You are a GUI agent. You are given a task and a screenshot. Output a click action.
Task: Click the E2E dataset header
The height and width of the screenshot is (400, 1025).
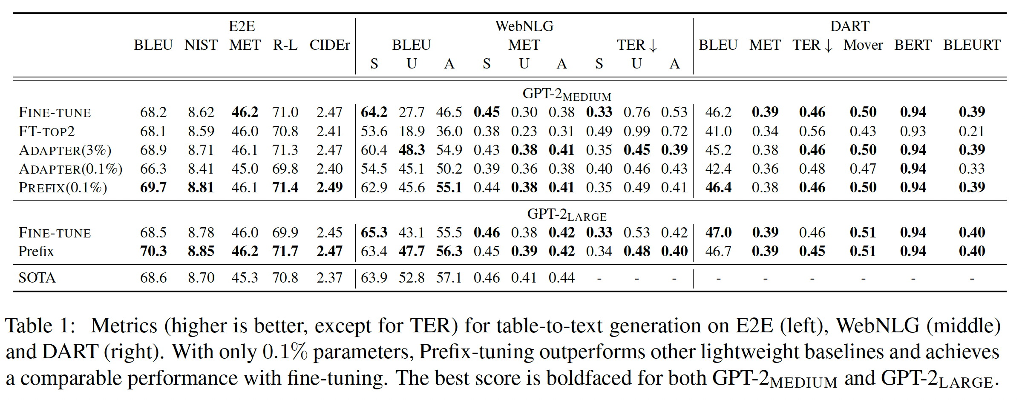pos(242,26)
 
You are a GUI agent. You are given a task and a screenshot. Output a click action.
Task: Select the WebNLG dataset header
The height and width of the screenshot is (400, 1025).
pos(524,26)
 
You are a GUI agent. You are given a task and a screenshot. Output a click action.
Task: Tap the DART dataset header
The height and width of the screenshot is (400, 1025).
pos(849,26)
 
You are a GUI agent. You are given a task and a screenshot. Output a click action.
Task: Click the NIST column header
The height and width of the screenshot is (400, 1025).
pos(201,45)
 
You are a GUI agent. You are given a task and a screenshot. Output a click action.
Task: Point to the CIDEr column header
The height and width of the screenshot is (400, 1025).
pos(329,45)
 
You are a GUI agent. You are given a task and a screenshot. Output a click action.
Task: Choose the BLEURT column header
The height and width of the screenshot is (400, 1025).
pos(972,45)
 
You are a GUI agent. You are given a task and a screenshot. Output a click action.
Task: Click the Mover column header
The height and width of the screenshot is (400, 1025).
pos(863,45)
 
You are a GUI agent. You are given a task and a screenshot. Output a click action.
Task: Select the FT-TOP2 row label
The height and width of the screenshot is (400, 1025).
pos(46,131)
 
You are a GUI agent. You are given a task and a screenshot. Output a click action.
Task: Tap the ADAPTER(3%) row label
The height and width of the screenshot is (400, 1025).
pos(65,150)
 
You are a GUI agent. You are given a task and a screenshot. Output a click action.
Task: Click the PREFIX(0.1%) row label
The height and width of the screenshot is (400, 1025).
pos(63,188)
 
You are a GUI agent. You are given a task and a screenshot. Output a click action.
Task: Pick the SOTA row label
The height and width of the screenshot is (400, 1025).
pos(37,278)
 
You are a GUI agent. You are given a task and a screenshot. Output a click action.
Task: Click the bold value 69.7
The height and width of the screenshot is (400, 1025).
pos(153,188)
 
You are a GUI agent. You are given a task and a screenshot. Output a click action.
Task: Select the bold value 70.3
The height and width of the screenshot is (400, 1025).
pos(153,251)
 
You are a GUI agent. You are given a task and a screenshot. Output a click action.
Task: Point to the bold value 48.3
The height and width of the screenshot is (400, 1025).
pos(412,150)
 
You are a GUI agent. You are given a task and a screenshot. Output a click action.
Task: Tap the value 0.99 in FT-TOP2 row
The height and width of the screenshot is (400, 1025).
pos(636,131)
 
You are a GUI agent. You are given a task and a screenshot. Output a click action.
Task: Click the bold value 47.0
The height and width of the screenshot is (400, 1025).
pos(718,233)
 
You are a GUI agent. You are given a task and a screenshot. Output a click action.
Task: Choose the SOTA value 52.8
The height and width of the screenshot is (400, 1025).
pos(412,278)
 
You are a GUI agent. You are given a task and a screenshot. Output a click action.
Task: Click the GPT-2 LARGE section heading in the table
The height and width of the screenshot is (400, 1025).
pos(567,215)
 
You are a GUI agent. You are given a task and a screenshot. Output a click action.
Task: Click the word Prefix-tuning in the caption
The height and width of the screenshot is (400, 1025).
pos(477,352)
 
